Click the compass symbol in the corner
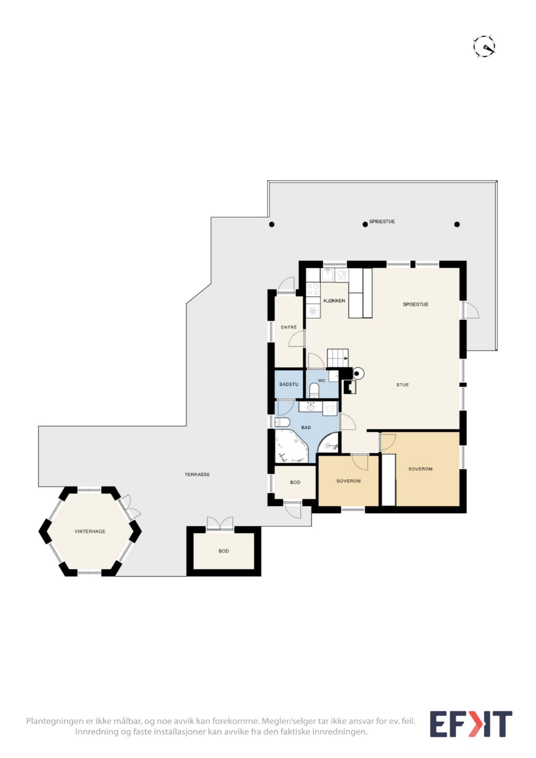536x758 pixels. click(x=484, y=47)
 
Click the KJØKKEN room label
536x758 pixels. click(x=334, y=301)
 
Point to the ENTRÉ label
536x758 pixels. click(x=289, y=327)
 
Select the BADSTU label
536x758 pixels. click(x=289, y=384)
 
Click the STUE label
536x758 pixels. click(x=403, y=385)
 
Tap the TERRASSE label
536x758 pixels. click(x=197, y=475)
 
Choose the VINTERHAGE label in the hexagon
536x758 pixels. click(x=90, y=531)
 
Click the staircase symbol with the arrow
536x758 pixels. click(x=338, y=358)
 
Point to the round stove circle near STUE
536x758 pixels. click(x=358, y=374)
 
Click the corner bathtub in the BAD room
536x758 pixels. click(x=291, y=446)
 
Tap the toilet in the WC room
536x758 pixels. click(x=314, y=391)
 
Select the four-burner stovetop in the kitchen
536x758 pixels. click(x=313, y=290)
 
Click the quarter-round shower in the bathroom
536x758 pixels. click(x=329, y=442)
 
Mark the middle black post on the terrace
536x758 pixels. click(x=365, y=224)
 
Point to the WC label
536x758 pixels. click(x=322, y=381)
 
